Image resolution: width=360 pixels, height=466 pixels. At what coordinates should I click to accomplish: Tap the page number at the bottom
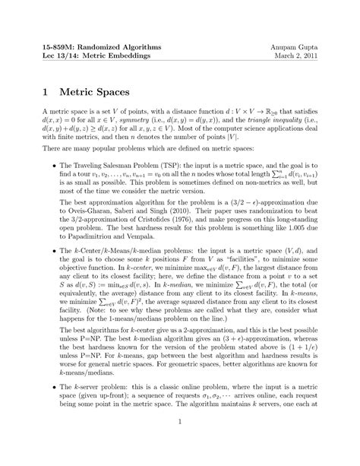click(180, 441)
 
